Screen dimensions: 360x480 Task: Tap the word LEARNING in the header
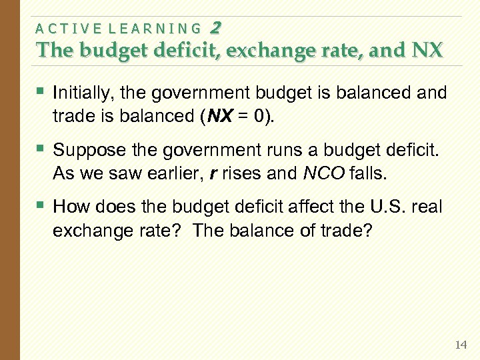154,28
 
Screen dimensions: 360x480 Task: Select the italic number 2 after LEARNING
215,27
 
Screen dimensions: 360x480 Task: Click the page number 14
460,345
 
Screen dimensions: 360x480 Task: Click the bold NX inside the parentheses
221,115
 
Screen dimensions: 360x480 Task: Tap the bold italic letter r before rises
213,173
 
